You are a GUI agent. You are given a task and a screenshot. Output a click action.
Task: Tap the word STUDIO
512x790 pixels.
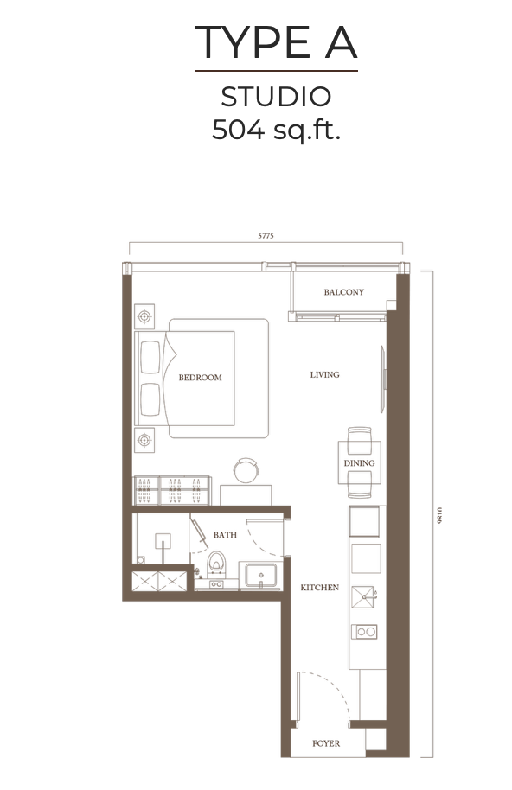[276, 96]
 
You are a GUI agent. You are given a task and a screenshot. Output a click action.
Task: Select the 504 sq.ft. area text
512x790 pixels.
[276, 130]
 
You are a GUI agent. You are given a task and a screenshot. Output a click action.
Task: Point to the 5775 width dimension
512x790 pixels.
[265, 235]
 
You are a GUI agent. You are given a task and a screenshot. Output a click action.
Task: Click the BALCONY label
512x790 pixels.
[343, 292]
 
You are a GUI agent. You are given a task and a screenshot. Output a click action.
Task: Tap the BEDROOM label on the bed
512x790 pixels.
[200, 378]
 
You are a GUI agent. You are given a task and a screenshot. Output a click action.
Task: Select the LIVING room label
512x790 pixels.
[324, 375]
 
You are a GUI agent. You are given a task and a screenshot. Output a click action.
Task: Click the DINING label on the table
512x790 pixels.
[359, 463]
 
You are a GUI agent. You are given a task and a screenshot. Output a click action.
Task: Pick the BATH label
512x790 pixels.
[225, 535]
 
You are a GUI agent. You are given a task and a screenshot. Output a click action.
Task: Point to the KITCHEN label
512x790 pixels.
[319, 588]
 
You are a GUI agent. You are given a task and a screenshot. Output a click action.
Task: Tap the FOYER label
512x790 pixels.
[325, 743]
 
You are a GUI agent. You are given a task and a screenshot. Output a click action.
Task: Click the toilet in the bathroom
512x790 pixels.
[216, 566]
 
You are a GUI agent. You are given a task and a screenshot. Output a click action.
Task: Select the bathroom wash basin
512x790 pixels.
[259, 574]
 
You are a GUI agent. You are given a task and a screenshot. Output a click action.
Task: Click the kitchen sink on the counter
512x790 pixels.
[365, 594]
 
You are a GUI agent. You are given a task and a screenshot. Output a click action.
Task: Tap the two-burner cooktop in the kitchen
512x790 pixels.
[364, 632]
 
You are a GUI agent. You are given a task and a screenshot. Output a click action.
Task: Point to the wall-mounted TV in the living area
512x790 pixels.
[381, 378]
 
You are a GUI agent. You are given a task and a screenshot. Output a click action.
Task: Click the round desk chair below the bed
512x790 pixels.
[245, 470]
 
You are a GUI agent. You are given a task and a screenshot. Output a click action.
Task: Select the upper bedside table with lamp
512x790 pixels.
[144, 316]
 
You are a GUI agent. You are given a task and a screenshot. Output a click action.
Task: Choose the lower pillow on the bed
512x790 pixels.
[150, 398]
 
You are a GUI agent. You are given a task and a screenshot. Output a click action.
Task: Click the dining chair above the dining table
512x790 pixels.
[359, 435]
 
